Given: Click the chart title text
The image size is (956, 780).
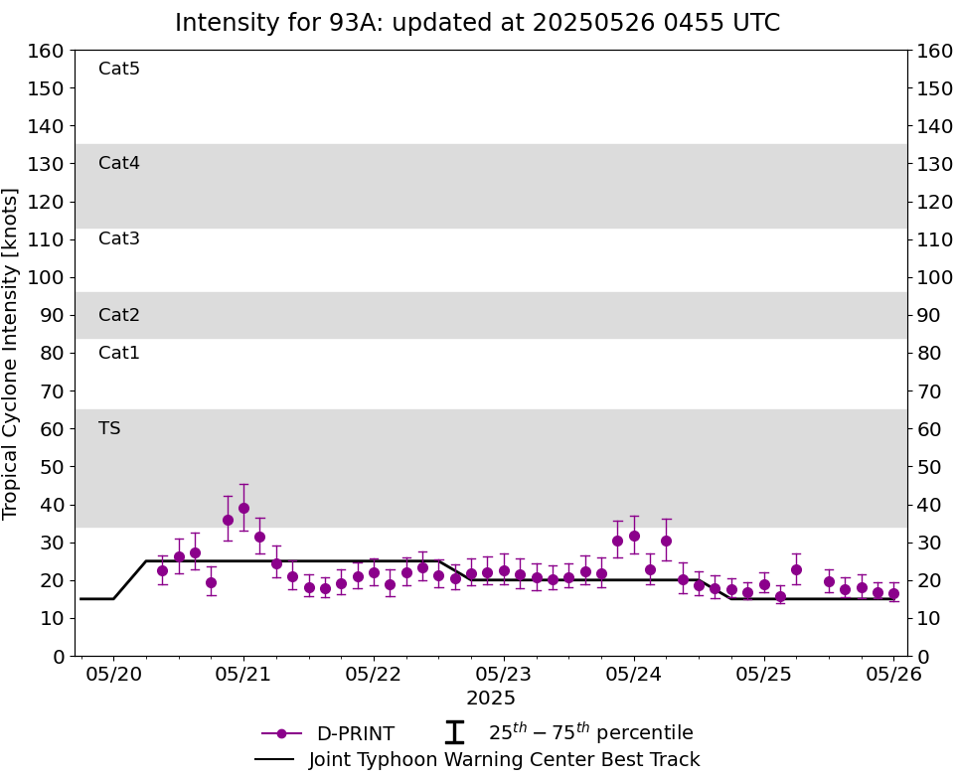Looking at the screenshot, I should (x=477, y=23).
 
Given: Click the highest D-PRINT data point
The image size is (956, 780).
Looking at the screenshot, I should (x=243, y=508).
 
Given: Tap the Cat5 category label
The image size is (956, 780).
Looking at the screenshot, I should (x=119, y=69).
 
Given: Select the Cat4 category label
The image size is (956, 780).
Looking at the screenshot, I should (x=119, y=163).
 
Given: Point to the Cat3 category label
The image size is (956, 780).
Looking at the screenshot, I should (x=119, y=238).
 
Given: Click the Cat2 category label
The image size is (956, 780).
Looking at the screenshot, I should (x=119, y=315).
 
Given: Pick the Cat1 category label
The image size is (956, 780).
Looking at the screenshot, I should (x=119, y=353).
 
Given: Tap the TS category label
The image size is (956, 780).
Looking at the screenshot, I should (x=109, y=428).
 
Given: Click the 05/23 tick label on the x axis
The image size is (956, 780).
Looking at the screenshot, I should (x=504, y=676).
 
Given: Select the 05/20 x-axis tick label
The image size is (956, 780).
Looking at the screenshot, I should (x=113, y=676).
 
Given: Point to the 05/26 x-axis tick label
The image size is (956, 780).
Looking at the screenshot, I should (x=893, y=676).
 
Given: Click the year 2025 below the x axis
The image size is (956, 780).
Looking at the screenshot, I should (x=491, y=699).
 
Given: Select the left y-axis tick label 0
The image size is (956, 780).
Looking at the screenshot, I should (x=59, y=656).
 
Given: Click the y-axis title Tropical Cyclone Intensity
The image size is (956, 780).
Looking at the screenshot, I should (x=12, y=353).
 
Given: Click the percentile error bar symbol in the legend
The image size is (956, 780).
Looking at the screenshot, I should (x=454, y=733).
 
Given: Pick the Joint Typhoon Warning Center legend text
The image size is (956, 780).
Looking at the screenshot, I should (x=504, y=760).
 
